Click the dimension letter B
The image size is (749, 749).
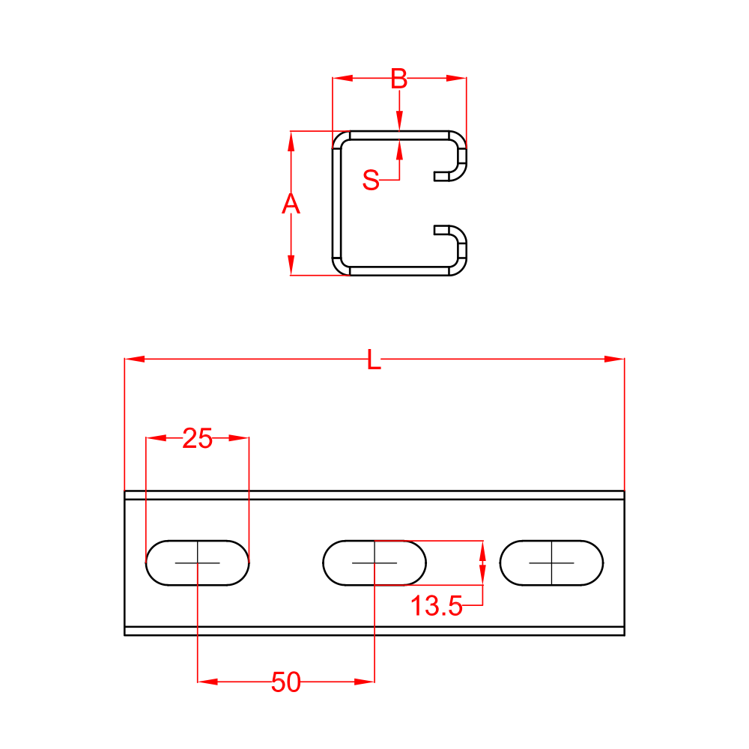(399, 77)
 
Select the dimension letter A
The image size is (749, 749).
(291, 204)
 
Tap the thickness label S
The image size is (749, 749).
(372, 180)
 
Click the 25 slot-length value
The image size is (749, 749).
(198, 439)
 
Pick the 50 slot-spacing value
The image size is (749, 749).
(286, 682)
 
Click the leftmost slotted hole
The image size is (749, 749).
(197, 562)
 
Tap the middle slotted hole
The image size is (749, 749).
(374, 562)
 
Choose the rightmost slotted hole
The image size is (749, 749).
(552, 562)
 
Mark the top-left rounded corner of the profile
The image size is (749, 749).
(341, 139)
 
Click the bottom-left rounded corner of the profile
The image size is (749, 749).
(341, 267)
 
